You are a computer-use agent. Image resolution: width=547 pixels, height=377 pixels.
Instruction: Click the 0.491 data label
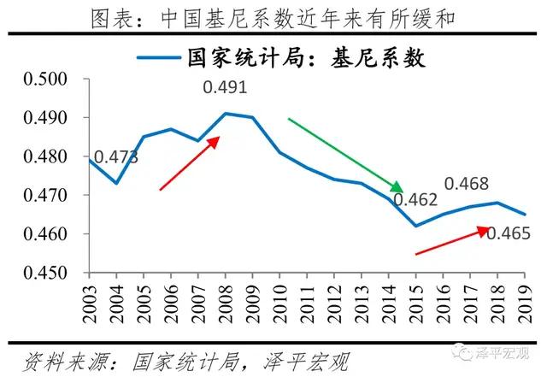pos(225,87)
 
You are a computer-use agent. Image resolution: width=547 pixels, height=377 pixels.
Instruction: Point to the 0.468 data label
pos(467,184)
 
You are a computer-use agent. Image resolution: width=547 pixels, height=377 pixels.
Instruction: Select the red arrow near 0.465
pos(452,241)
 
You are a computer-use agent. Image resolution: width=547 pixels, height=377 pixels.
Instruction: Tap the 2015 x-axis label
pos(415,304)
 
